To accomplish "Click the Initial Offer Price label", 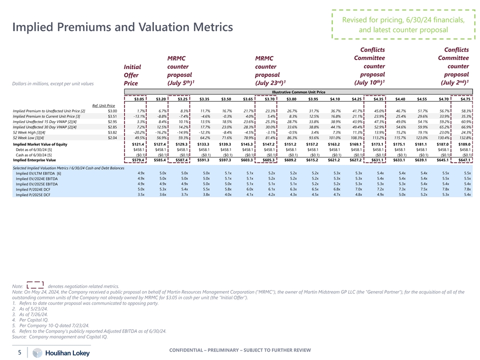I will (132, 74).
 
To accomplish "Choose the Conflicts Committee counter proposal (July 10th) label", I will (370, 66).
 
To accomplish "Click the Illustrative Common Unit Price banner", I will (299, 92).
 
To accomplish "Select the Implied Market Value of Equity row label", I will (40, 144).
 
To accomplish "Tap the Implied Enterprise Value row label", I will (34, 160).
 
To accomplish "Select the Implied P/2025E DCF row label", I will (32, 194).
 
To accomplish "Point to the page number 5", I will (19, 352).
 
